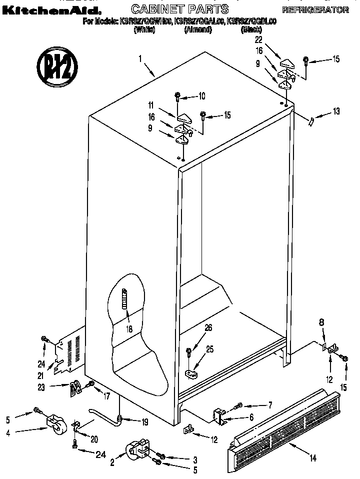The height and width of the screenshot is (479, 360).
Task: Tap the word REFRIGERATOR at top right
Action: click(315, 10)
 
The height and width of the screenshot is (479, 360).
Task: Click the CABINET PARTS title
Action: click(179, 9)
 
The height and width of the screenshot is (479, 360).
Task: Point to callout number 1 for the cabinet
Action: click(141, 59)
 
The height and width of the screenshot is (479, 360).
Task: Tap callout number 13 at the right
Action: click(335, 111)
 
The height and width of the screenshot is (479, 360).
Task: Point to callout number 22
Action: click(258, 40)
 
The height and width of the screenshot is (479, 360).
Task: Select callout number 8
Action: click(321, 323)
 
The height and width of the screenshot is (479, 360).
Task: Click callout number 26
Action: click(208, 327)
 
